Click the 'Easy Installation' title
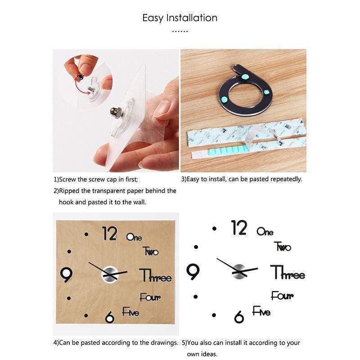click(180, 18)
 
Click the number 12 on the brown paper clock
click(110, 233)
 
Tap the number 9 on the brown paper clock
click(66, 274)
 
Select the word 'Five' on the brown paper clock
click(130, 311)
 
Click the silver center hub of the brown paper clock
click(110, 274)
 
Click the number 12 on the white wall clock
click(239, 228)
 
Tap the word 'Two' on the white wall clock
click(283, 247)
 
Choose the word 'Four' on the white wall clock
click(282, 296)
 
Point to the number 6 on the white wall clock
click(239, 317)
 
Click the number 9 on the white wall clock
click(193, 272)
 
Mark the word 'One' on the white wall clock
click(265, 231)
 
